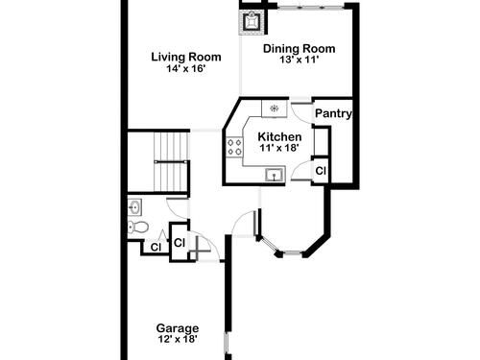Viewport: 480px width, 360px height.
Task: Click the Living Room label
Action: pyautogui.click(x=186, y=57)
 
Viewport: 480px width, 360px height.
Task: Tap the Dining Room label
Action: pyautogui.click(x=300, y=49)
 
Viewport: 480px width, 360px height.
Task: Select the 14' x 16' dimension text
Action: pyautogui.click(x=185, y=68)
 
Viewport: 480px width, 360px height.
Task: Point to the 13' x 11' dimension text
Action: pyautogui.click(x=300, y=60)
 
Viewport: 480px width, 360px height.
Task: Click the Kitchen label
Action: pyautogui.click(x=279, y=136)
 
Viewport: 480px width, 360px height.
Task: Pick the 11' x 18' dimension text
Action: pyautogui.click(x=279, y=148)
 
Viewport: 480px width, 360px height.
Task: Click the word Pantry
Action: pyautogui.click(x=333, y=113)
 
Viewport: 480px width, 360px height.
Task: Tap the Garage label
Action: pyautogui.click(x=178, y=328)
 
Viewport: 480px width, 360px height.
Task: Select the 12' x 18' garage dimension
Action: pyautogui.click(x=178, y=339)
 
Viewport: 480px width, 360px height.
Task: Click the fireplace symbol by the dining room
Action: pyautogui.click(x=251, y=21)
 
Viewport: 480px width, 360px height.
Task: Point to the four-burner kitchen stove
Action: pyautogui.click(x=234, y=147)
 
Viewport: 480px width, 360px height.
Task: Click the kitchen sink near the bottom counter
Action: pyautogui.click(x=275, y=175)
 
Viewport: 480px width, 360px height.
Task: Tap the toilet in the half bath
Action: pyautogui.click(x=138, y=227)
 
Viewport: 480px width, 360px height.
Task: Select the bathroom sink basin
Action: pyautogui.click(x=135, y=207)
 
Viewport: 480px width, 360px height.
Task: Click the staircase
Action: pyautogui.click(x=170, y=162)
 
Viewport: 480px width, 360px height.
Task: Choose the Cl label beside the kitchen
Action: pyautogui.click(x=321, y=171)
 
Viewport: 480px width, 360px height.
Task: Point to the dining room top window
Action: pyautogui.click(x=310, y=6)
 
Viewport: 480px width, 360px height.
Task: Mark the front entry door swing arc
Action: pyautogui.click(x=241, y=220)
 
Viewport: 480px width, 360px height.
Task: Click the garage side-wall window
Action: pyautogui.click(x=227, y=343)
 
